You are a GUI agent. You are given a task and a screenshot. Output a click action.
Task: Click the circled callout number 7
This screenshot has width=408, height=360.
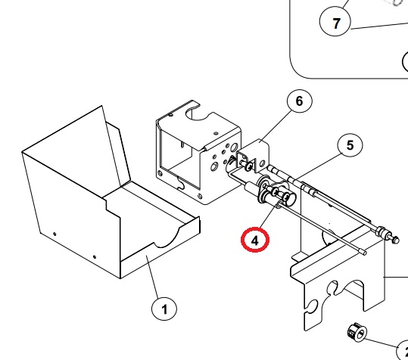pyautogui.click(x=335, y=22)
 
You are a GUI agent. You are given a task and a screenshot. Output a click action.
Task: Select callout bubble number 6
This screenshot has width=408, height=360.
pyautogui.click(x=299, y=101)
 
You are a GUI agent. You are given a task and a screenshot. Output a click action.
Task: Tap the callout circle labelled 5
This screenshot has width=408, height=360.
pyautogui.click(x=350, y=144)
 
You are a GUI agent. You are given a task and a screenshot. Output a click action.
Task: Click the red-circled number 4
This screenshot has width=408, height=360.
pyautogui.click(x=255, y=240)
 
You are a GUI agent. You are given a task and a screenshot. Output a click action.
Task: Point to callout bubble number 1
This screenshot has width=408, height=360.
pyautogui.click(x=164, y=309)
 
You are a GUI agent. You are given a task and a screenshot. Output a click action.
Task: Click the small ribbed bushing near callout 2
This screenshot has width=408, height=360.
pyautogui.click(x=357, y=333)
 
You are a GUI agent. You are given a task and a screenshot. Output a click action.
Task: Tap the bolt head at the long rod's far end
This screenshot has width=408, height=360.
pyautogui.click(x=395, y=240)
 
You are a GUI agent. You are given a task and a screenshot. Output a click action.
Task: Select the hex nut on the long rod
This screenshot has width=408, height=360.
pyautogui.click(x=381, y=231)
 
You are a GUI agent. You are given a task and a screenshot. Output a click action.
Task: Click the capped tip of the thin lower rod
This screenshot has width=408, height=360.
pyautogui.click(x=363, y=252)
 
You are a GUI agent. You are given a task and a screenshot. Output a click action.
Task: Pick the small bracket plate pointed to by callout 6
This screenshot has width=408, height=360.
pyautogui.click(x=254, y=156)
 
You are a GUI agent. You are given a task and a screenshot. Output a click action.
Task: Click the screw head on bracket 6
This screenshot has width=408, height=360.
pyautogui.click(x=249, y=166)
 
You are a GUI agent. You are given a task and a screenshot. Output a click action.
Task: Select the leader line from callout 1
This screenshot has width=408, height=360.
pyautogui.click(x=153, y=276)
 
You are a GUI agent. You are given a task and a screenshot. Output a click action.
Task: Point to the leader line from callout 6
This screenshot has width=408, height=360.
pyautogui.click(x=276, y=126)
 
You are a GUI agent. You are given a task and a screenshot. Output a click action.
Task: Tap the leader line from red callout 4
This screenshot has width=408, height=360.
pyautogui.click(x=268, y=216)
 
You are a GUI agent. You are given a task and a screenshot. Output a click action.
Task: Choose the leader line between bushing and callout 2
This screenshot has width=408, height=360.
pyautogui.click(x=382, y=343)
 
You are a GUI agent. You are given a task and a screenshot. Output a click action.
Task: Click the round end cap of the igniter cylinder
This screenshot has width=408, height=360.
pyautogui.click(x=290, y=198)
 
